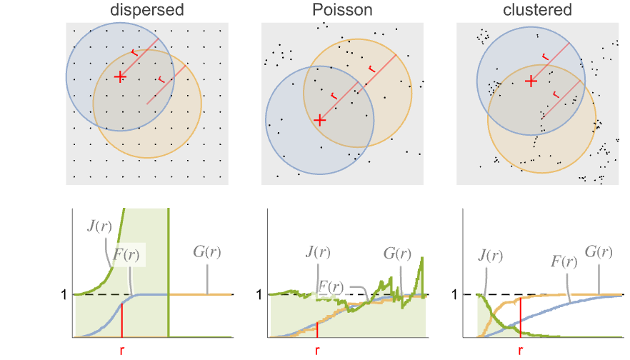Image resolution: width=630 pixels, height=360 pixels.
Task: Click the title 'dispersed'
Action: pos(146,10)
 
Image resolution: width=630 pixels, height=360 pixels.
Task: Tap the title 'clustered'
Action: pos(536,10)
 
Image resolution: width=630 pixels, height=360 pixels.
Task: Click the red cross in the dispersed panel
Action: pos(120,76)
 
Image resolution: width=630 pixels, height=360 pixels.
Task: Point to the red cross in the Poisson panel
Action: pos(320,121)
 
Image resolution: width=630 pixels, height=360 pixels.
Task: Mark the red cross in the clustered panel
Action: pos(530,81)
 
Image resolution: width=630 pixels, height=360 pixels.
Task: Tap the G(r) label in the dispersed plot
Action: pos(207,251)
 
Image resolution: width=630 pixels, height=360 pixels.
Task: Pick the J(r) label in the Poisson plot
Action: pos(317,252)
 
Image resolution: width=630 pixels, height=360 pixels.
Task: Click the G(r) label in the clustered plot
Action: pos(599,252)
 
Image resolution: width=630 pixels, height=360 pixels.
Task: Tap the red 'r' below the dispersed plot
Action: pos(121,351)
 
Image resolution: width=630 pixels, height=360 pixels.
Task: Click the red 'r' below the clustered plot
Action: pos(520,351)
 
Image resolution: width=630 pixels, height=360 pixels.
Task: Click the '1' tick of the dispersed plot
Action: pos(65,294)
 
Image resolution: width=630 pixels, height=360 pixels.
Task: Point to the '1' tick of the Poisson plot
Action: pos(260,294)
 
